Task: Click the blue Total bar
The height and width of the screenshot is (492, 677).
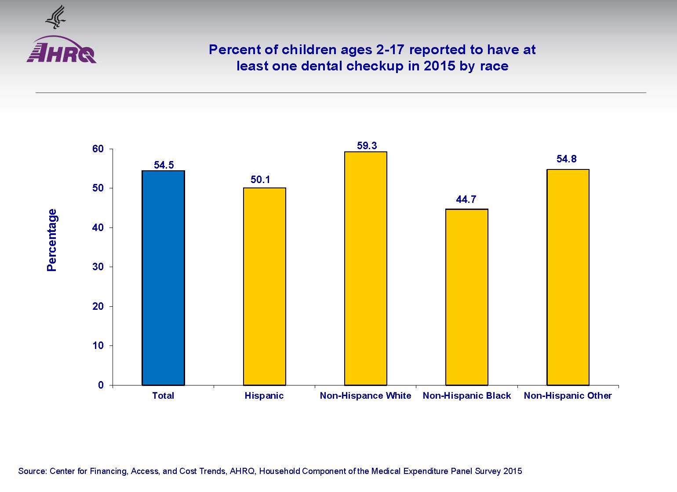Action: coord(163,278)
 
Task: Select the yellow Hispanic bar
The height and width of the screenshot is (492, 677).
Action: coord(264,286)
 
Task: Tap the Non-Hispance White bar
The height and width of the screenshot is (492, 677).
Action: coord(365,268)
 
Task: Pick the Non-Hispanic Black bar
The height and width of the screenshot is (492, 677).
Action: coord(466,297)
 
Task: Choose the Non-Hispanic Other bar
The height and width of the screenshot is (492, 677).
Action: coord(568,277)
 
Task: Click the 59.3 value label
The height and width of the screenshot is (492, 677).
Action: coord(367,146)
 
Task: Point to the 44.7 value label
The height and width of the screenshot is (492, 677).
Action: coord(466,199)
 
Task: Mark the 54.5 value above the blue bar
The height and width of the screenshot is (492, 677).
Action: coord(164,165)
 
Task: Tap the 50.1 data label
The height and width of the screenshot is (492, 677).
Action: coord(260,180)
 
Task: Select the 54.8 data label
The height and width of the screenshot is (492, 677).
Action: coord(566,159)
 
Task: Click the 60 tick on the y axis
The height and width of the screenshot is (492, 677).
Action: coord(98,149)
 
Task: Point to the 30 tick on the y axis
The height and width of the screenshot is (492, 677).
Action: coord(98,267)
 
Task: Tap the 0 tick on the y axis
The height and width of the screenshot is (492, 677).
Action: coord(101,385)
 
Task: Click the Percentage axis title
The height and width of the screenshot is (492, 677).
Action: coord(52,240)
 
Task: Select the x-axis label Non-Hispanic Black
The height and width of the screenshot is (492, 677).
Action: coord(466,396)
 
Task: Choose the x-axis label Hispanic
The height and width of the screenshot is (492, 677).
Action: coord(264,396)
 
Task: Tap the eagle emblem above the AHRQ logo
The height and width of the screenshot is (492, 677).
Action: coord(55,17)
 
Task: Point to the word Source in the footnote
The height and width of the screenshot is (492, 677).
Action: coord(32,471)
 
